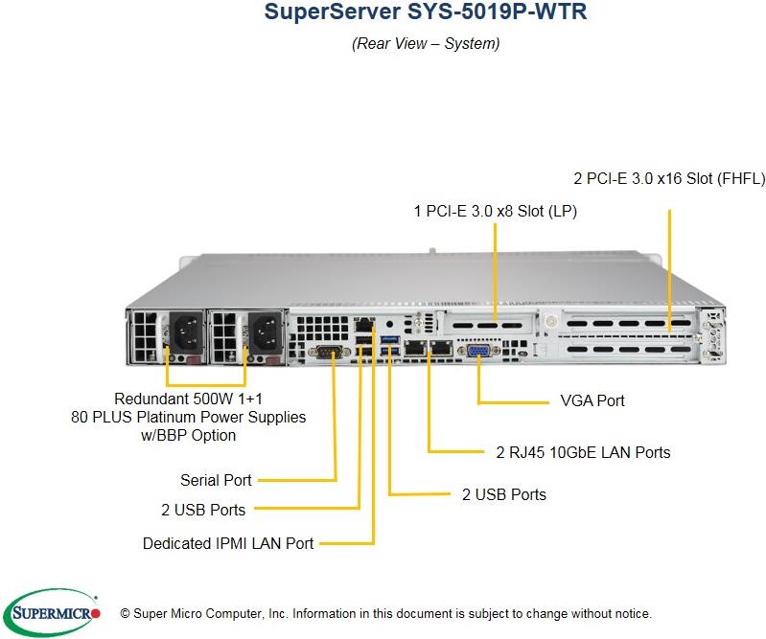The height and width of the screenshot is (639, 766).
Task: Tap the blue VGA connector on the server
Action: click(477, 353)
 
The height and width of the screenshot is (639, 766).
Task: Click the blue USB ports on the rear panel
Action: click(389, 349)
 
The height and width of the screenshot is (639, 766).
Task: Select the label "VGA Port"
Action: click(592, 400)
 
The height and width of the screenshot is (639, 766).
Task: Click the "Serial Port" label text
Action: click(216, 480)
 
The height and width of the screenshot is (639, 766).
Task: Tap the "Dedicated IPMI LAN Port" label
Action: click(228, 543)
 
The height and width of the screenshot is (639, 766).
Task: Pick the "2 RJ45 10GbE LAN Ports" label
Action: click(583, 451)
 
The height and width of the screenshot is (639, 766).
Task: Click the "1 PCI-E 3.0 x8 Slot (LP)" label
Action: click(496, 210)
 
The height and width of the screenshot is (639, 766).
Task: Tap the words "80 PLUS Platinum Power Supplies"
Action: click(189, 417)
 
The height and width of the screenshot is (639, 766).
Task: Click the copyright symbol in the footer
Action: click(125, 613)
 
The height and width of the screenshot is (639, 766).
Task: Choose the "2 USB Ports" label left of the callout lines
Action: click(203, 510)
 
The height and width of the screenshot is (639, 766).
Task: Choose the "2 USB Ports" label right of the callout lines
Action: click(504, 494)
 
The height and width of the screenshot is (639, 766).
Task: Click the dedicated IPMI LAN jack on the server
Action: click(364, 326)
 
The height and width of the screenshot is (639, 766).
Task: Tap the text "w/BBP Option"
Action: click(189, 435)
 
